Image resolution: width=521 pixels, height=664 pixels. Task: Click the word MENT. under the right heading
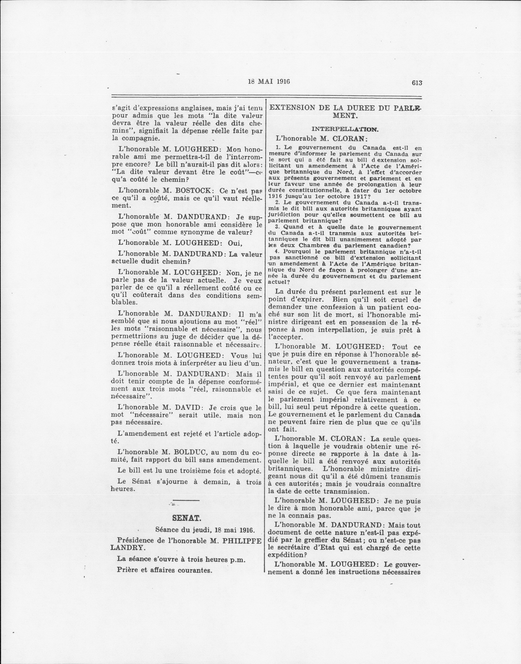pyautogui.click(x=345, y=116)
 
